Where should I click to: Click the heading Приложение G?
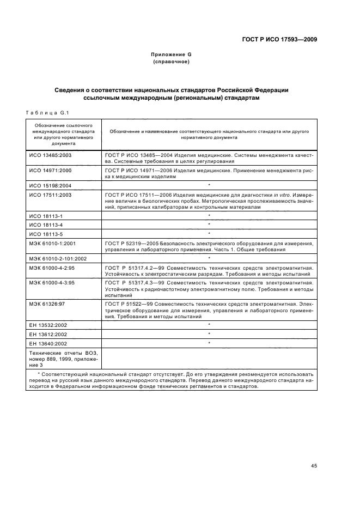[x=171, y=55]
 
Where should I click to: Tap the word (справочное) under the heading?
[x=171, y=62]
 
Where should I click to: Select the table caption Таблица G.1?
[x=46, y=113]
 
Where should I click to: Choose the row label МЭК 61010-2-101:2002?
[x=57, y=258]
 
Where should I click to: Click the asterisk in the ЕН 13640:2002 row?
[x=209, y=343]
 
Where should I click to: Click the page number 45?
[x=314, y=466]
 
